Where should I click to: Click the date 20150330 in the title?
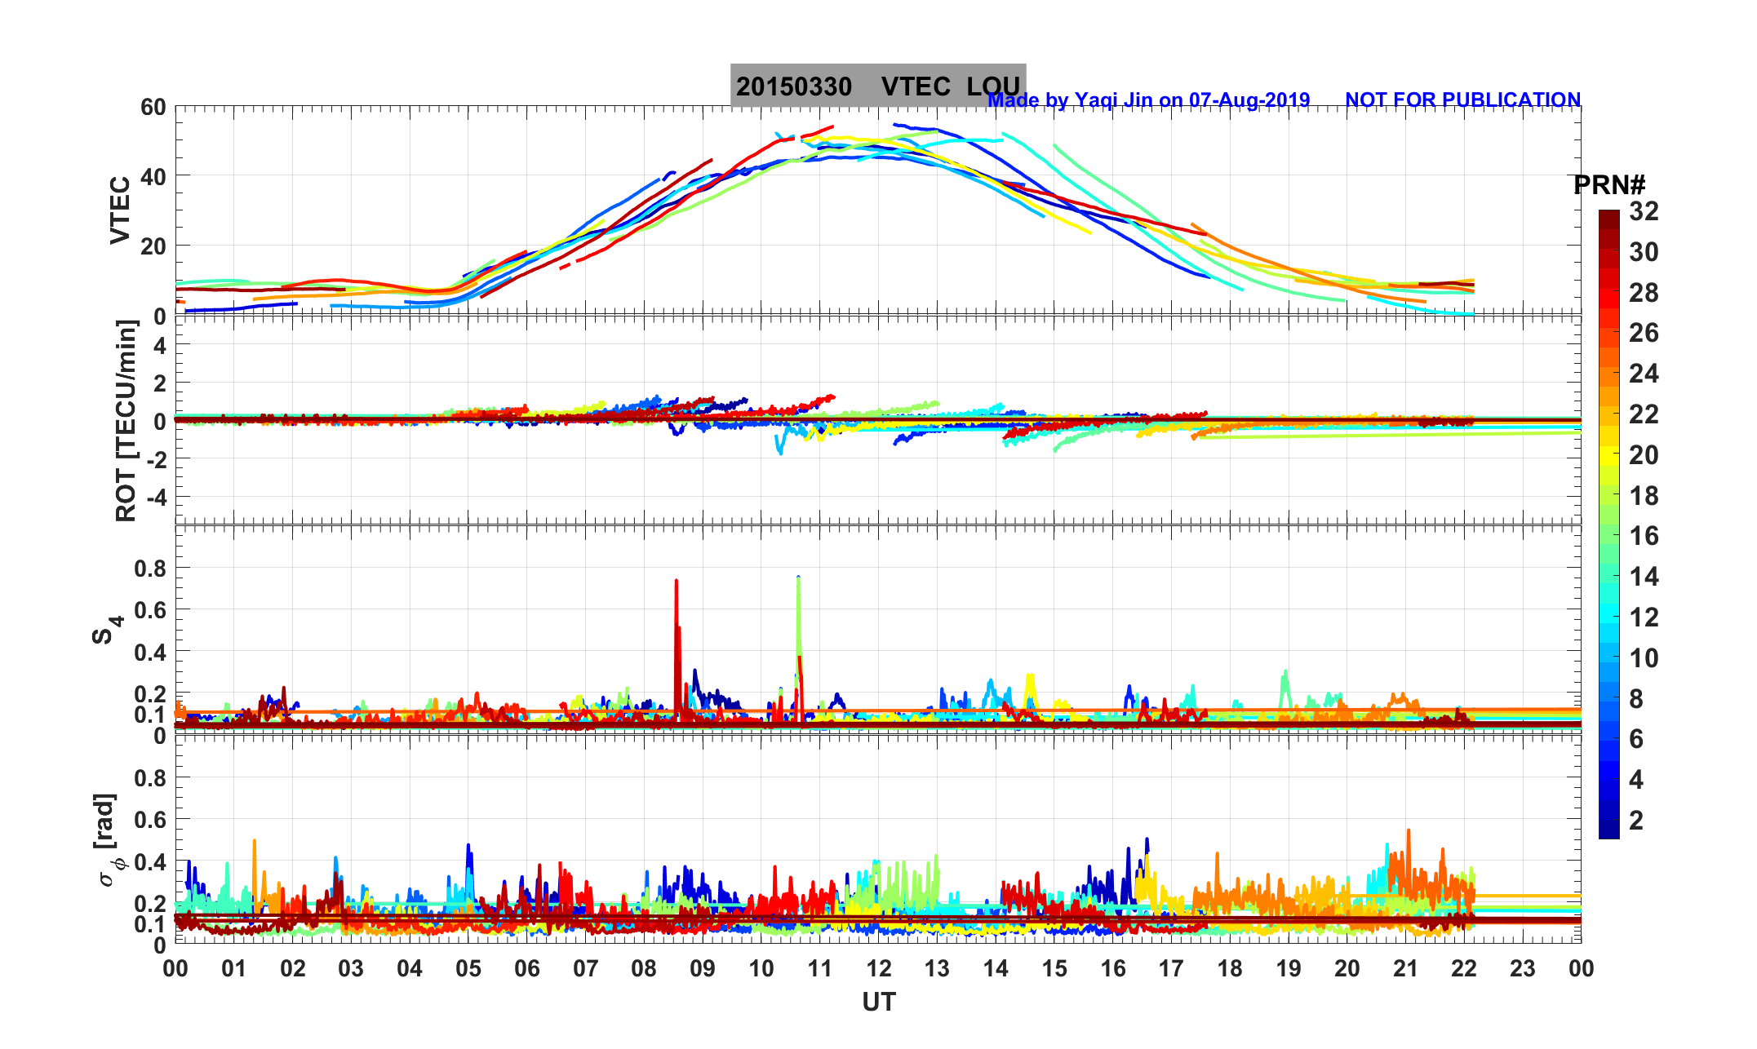793,86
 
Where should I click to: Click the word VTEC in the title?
916,86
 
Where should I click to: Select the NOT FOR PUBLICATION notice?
1462,100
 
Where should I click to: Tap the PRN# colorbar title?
1608,186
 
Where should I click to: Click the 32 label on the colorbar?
1644,212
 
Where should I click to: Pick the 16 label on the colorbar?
1644,536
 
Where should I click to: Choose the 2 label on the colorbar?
1635,821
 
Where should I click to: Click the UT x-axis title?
879,1003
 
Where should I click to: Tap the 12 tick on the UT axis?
879,969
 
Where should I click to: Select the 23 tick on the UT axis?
1523,969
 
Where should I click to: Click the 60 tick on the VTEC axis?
153,108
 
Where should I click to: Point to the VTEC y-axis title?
120,210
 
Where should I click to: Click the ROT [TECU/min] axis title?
126,421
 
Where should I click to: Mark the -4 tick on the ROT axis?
153,497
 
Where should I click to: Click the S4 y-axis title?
107,629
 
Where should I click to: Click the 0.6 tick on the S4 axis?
150,610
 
